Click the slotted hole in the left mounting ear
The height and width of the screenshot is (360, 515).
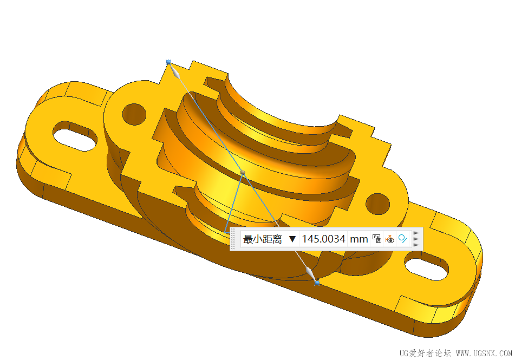[75, 134]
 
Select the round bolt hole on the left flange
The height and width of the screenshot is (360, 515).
[134, 114]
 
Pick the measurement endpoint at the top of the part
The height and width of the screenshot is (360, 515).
[168, 62]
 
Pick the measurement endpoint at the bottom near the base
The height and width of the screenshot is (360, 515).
[317, 283]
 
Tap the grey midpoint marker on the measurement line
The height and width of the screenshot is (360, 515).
[243, 172]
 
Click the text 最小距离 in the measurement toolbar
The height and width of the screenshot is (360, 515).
[262, 239]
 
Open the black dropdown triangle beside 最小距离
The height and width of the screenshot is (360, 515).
[292, 239]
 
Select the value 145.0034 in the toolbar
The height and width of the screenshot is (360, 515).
[323, 239]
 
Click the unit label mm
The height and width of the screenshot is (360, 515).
[358, 239]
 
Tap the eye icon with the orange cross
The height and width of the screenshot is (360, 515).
[390, 239]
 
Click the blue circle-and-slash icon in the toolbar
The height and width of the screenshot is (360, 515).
[402, 239]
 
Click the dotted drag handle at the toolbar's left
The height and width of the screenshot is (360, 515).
[233, 239]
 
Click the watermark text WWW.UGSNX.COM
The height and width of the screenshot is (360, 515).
[484, 353]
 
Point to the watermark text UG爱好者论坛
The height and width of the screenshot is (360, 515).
[425, 353]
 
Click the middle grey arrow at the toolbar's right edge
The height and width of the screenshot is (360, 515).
[416, 239]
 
